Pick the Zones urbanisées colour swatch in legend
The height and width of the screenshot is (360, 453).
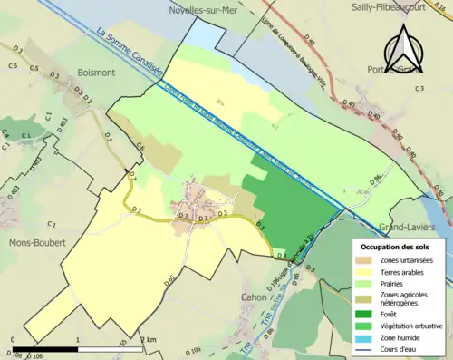pyautogui.click(x=365, y=261)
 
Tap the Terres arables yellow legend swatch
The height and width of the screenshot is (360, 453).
pyautogui.click(x=365, y=271)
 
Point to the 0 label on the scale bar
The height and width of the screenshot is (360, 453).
pyautogui.click(x=13, y=339)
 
